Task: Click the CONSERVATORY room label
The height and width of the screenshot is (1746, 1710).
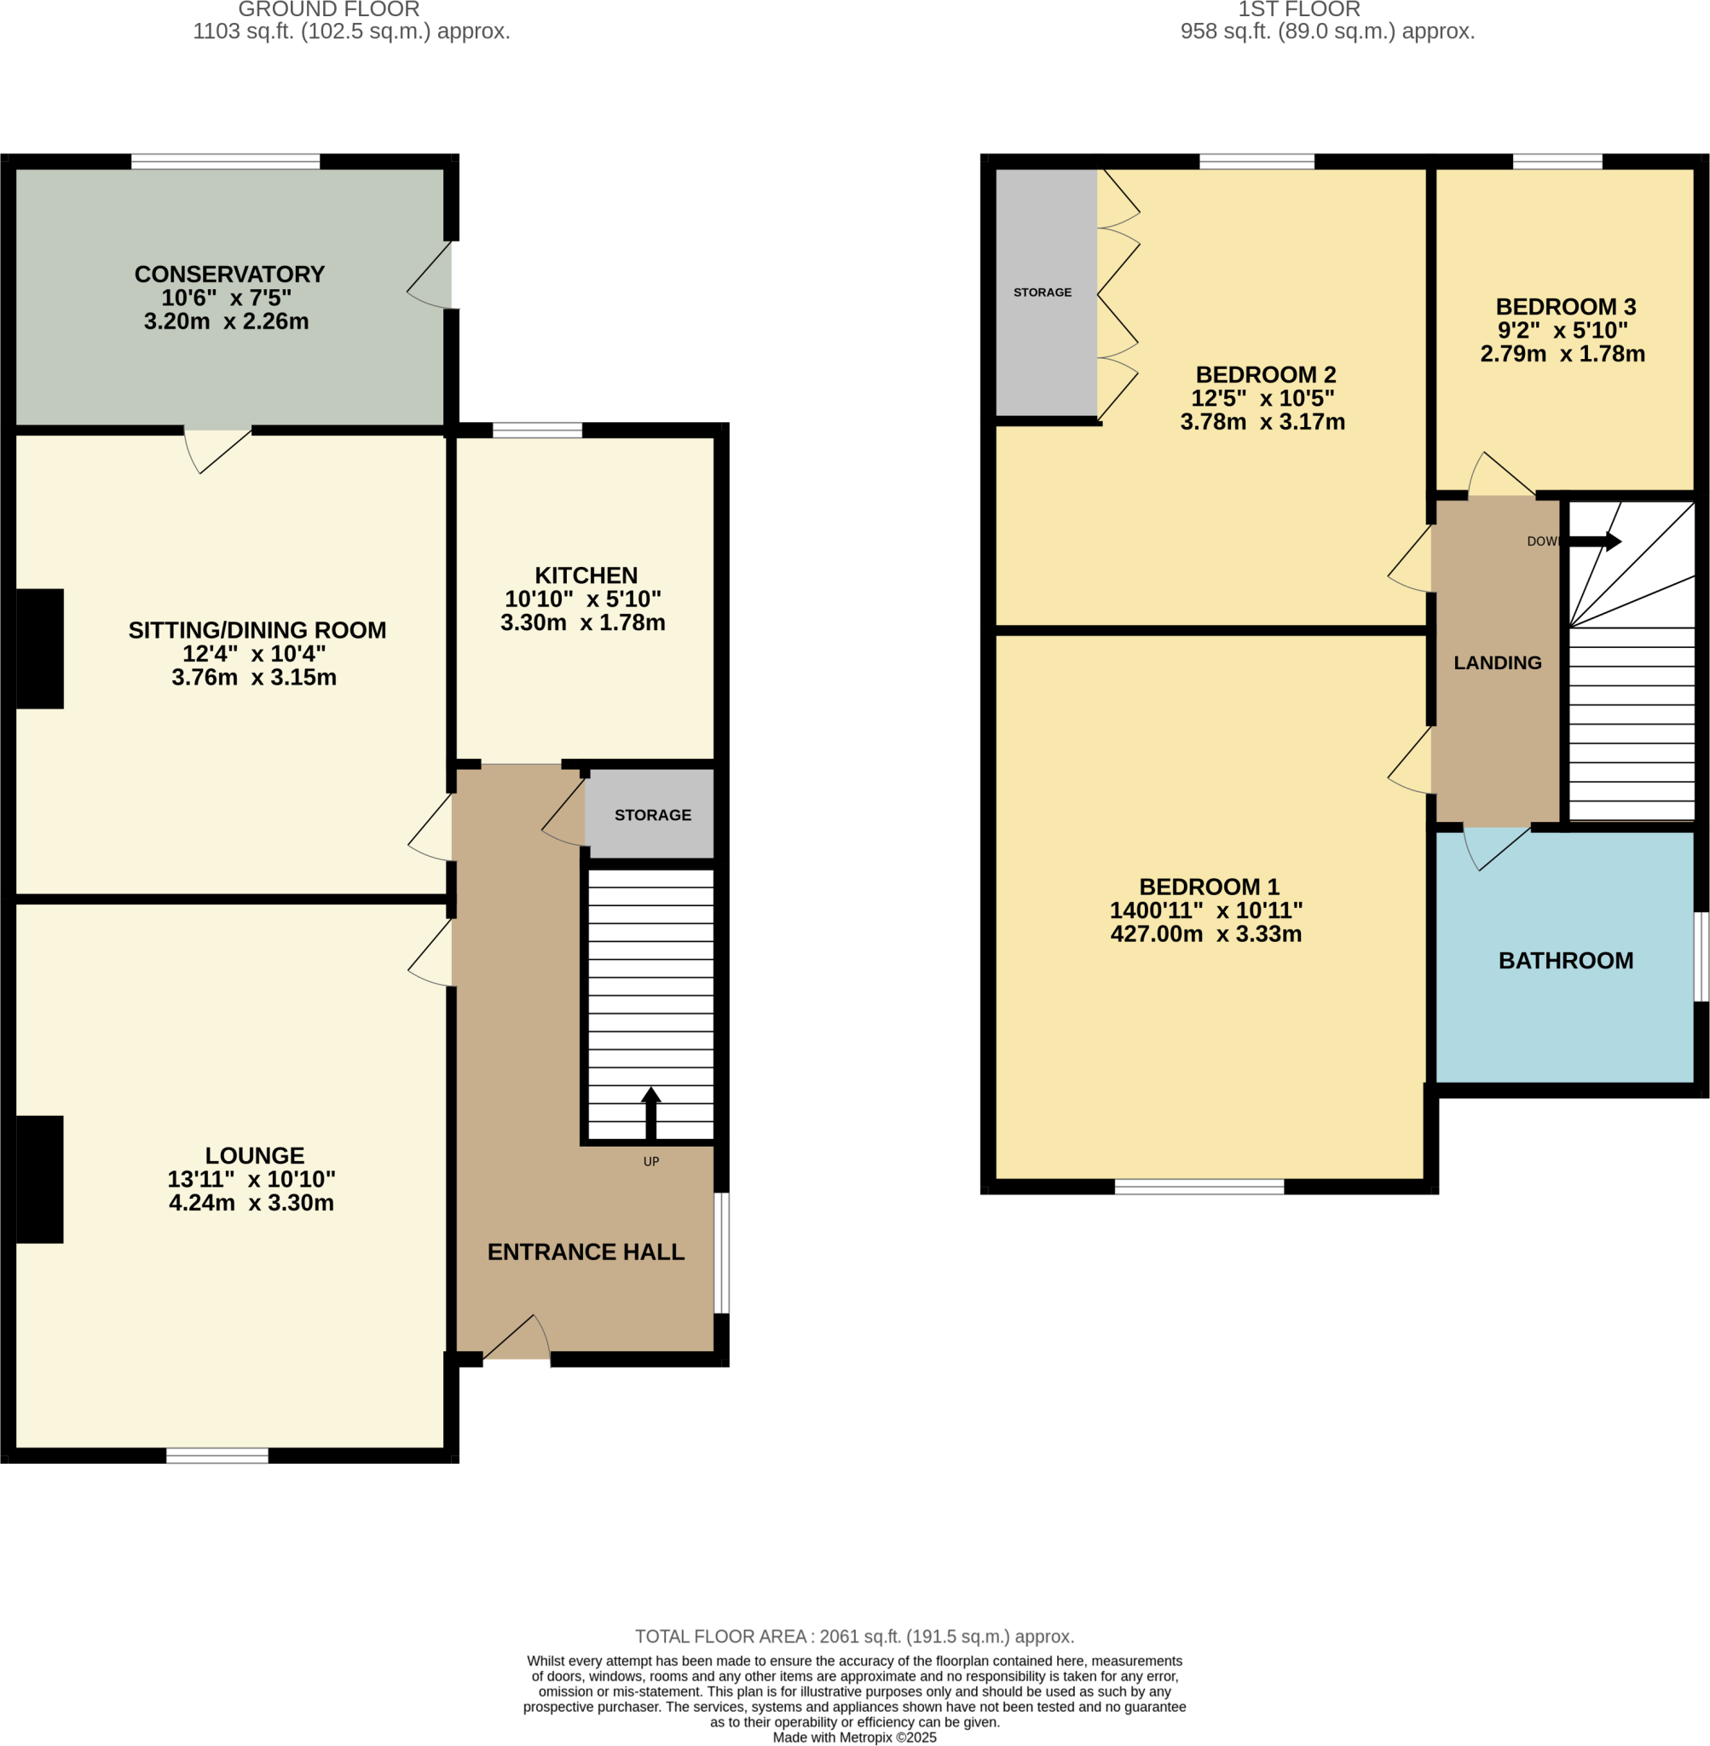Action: pyautogui.click(x=229, y=274)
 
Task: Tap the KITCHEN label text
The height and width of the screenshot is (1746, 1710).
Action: pyautogui.click(x=586, y=575)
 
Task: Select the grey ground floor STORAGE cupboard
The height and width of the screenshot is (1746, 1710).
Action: pyautogui.click(x=650, y=815)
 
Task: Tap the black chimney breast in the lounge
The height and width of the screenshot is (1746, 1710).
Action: pyautogui.click(x=39, y=1179)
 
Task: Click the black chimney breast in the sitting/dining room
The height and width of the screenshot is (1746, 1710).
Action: pyautogui.click(x=39, y=649)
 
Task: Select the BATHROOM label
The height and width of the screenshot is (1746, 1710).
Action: pyautogui.click(x=1565, y=960)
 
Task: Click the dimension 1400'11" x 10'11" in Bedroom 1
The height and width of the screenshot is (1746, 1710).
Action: pyautogui.click(x=1205, y=910)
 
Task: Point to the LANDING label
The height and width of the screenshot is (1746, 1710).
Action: pyautogui.click(x=1497, y=662)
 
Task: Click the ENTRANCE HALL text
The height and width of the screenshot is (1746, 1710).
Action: pyautogui.click(x=586, y=1252)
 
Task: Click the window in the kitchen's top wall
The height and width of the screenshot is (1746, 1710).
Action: pyautogui.click(x=537, y=431)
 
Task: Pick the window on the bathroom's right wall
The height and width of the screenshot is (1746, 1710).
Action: pyautogui.click(x=1700, y=957)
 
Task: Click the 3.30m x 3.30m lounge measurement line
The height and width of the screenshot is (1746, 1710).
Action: pyautogui.click(x=251, y=1203)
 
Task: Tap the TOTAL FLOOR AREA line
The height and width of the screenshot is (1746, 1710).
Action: pyautogui.click(x=854, y=1636)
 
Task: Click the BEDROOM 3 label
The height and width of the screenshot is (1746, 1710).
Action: pyautogui.click(x=1565, y=306)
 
